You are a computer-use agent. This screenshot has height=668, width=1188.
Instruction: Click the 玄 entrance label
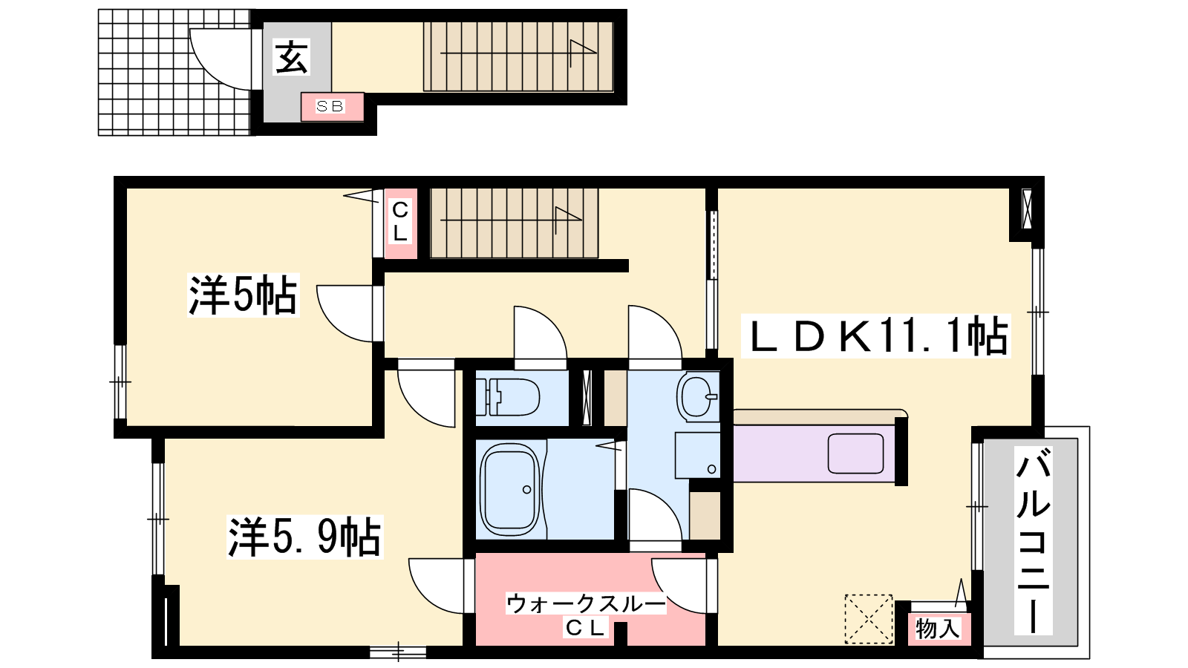[291, 58]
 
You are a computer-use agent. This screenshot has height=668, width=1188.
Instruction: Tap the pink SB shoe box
[333, 107]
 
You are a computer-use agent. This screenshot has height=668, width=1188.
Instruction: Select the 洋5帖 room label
[243, 295]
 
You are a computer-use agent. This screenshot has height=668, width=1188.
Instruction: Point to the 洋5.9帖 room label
[304, 537]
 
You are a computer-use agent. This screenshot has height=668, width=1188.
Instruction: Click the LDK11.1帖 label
[875, 335]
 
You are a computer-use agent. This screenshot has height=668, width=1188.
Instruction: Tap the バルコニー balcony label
[1033, 540]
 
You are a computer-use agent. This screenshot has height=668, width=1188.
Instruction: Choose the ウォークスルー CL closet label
[586, 615]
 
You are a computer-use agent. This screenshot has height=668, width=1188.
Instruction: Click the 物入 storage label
[937, 629]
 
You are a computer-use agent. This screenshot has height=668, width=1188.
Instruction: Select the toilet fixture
[508, 397]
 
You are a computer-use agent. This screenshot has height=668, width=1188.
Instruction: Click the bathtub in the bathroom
[510, 490]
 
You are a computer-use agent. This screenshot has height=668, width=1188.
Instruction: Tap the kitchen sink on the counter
[855, 453]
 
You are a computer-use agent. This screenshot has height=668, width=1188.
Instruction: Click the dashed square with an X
[868, 619]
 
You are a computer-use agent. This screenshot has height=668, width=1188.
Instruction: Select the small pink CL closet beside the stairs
[400, 223]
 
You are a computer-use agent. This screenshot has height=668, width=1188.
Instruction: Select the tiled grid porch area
[174, 72]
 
